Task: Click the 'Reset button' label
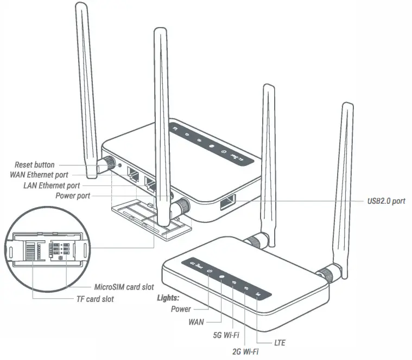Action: (34, 164)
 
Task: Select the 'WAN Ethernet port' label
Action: (40, 175)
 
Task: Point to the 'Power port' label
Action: (72, 196)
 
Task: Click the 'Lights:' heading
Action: (168, 298)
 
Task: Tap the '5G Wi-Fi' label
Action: (227, 333)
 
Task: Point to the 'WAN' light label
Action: (197, 322)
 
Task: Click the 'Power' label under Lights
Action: (181, 309)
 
